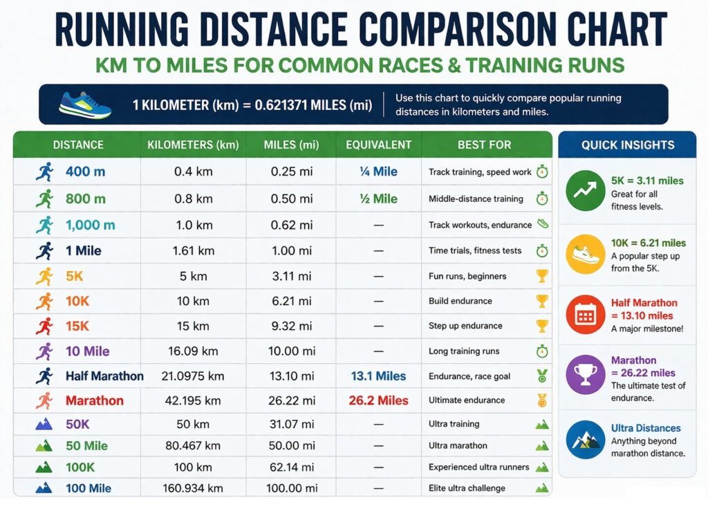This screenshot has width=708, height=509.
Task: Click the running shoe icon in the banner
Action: tap(84, 104)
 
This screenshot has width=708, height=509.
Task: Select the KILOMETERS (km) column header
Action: tap(193, 145)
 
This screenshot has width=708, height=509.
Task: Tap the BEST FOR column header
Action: tap(484, 145)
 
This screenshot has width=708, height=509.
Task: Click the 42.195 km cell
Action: tap(193, 400)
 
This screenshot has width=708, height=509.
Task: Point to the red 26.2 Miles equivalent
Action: tap(378, 400)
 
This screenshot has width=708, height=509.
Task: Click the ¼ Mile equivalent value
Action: tap(378, 172)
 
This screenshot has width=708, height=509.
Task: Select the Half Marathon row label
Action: tap(104, 376)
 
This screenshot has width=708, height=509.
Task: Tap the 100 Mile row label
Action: tap(88, 488)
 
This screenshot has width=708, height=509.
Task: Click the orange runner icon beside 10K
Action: tap(44, 302)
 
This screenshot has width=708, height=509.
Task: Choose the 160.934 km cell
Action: tap(193, 488)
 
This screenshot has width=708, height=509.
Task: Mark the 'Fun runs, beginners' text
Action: tap(467, 276)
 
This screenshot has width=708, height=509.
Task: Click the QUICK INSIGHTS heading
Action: tap(627, 145)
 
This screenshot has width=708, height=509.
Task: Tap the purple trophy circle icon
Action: tap(586, 374)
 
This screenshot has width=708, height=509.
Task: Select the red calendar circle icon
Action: tap(586, 315)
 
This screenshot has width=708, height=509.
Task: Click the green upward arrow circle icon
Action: tap(586, 192)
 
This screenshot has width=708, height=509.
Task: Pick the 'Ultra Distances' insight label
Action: tap(646, 428)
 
